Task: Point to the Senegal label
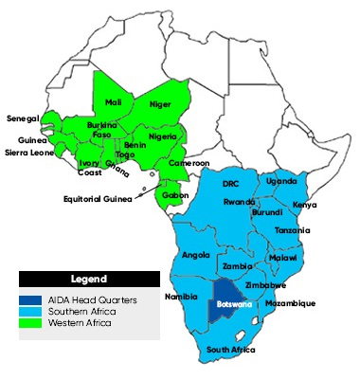tap(21, 118)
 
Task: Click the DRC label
tap(230, 183)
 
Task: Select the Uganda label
tap(280, 180)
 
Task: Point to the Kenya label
tap(305, 205)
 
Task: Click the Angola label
tap(194, 254)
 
